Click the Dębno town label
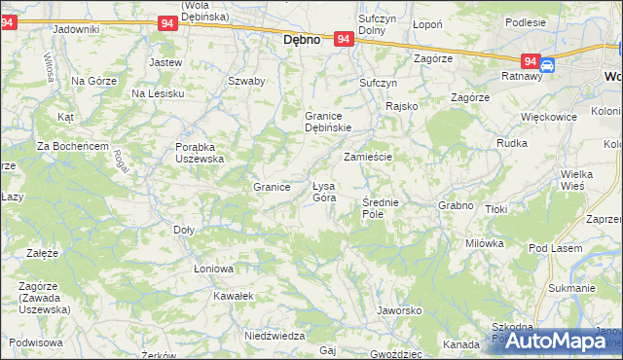pyautogui.click(x=302, y=42)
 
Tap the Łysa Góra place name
pyautogui.click(x=324, y=192)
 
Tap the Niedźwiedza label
pyautogui.click(x=269, y=334)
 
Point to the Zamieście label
pyautogui.click(x=368, y=157)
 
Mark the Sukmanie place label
pyautogui.click(x=571, y=288)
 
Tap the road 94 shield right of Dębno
pyautogui.click(x=343, y=39)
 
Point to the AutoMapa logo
pyautogui.click(x=553, y=341)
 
